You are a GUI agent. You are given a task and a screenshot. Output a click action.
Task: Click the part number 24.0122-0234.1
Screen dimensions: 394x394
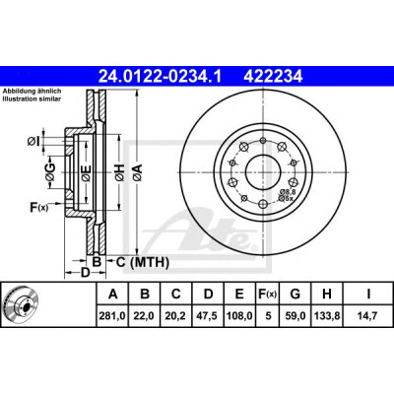(x=161, y=77)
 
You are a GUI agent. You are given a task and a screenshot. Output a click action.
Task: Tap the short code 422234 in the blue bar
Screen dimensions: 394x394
(x=273, y=77)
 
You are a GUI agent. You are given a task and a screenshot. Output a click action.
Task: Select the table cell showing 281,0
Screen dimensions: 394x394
(x=112, y=316)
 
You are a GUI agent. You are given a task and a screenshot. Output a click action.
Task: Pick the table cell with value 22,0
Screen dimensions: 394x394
(x=145, y=316)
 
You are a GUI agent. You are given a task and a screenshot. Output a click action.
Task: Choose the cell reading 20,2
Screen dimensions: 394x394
(x=176, y=316)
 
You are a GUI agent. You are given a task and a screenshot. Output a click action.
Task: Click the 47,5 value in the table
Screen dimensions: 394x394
(x=208, y=316)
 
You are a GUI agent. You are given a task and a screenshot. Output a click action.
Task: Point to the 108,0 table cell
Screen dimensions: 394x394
(x=239, y=316)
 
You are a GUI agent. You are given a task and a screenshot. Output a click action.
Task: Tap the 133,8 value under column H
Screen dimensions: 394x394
(x=327, y=316)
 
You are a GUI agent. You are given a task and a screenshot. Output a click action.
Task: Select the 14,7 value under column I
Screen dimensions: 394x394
(x=368, y=316)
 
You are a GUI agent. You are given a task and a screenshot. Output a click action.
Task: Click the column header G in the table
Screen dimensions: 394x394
(x=295, y=294)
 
